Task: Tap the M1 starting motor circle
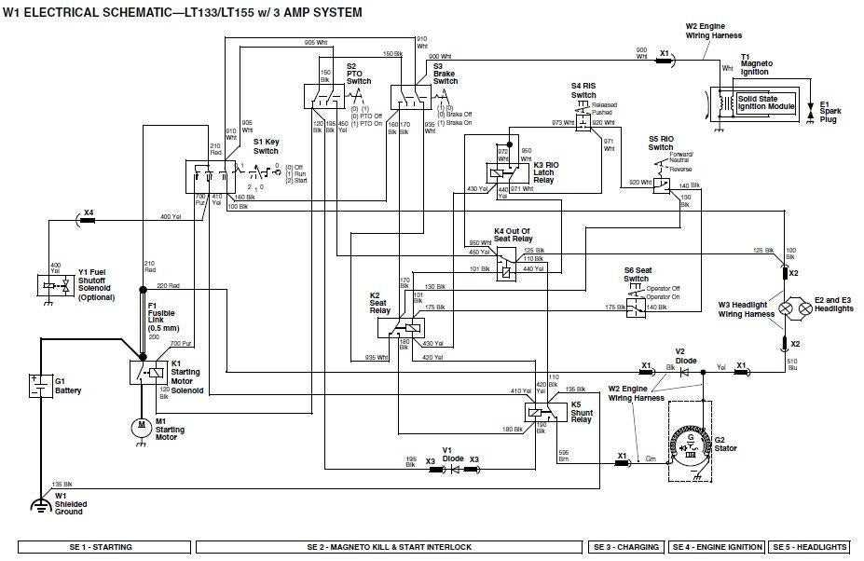[141, 425]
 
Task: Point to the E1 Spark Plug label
[829, 113]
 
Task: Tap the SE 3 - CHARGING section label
[624, 547]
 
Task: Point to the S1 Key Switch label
[266, 145]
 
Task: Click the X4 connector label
[89, 212]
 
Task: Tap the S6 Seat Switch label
[637, 274]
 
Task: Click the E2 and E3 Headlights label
[832, 305]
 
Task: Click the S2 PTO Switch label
[359, 74]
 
